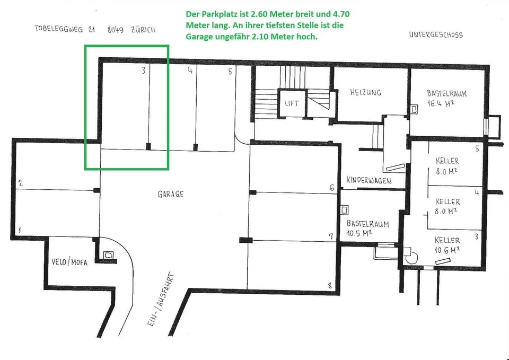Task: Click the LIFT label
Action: (x=292, y=103)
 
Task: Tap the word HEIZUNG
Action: (x=365, y=92)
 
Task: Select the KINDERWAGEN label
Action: (x=369, y=180)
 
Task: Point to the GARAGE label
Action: (x=171, y=194)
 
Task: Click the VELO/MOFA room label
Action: (x=69, y=261)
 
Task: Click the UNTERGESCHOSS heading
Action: (x=436, y=35)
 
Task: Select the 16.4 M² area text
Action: (x=441, y=103)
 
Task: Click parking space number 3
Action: (x=144, y=70)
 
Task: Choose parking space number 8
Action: (x=330, y=286)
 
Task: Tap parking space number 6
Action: (x=331, y=188)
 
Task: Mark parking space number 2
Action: (x=21, y=183)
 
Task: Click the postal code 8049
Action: (x=115, y=30)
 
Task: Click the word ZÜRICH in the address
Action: (x=143, y=30)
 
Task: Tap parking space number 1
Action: (x=20, y=230)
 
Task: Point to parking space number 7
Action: (x=331, y=236)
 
